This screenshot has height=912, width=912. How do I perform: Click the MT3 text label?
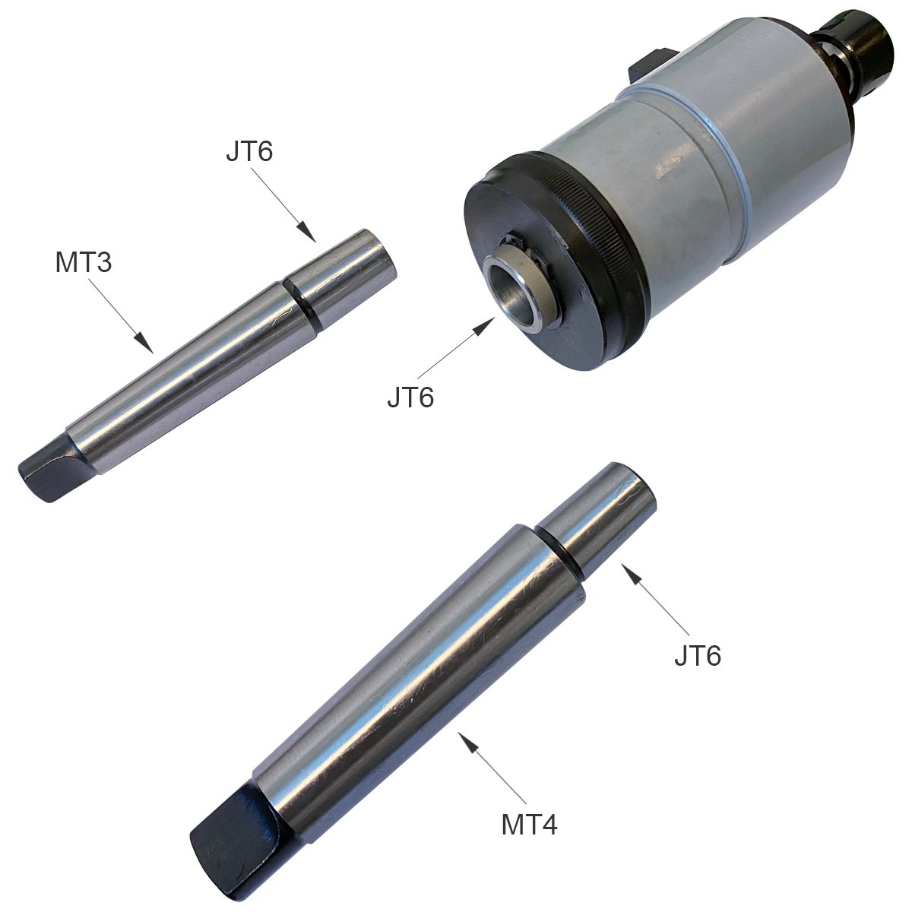(x=84, y=263)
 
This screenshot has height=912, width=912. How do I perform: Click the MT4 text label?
(x=530, y=824)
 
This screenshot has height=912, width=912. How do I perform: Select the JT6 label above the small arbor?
(x=249, y=151)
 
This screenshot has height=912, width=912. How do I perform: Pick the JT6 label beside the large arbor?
(x=698, y=654)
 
